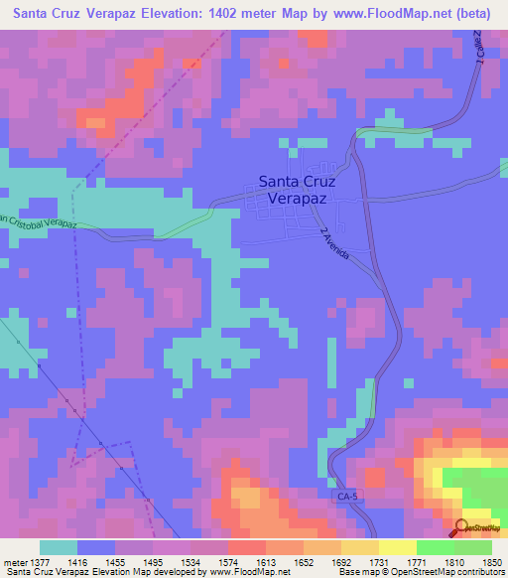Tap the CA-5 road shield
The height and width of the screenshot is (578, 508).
(x=343, y=494)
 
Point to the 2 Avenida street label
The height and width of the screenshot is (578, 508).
(x=335, y=244)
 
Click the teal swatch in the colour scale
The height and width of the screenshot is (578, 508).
(x=59, y=547)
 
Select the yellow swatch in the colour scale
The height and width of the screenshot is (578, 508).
(x=398, y=547)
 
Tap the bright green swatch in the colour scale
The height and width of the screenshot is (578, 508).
(x=436, y=547)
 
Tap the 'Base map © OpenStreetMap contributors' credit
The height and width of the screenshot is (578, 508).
(x=419, y=572)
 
